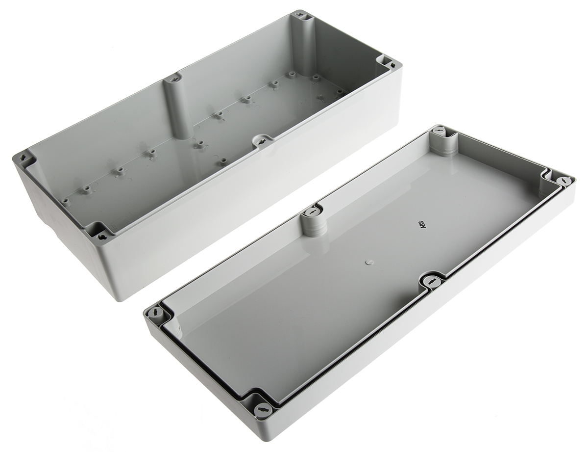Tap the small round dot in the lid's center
[x=368, y=262]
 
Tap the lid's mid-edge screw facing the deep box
[x=312, y=212]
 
